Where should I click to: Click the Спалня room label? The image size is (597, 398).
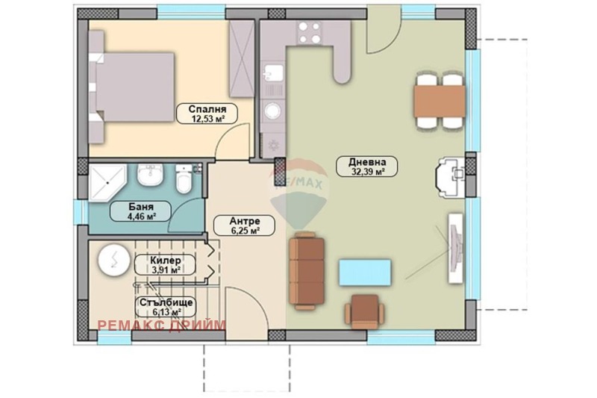[x=207, y=109]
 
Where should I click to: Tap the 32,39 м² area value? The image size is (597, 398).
[x=367, y=172]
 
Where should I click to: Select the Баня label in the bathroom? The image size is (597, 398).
[x=141, y=207]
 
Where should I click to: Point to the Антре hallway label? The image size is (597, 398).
[x=245, y=221]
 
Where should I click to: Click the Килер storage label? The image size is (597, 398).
[x=166, y=261]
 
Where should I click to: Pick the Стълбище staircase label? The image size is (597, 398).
[x=166, y=302]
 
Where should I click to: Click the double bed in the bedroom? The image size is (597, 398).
[x=132, y=87]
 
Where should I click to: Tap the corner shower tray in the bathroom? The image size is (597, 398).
[x=107, y=182]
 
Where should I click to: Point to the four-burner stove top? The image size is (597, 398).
[x=309, y=32]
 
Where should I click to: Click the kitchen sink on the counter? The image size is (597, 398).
[x=273, y=72]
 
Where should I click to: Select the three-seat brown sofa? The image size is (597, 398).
[x=307, y=272]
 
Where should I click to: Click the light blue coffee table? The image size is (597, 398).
[x=365, y=272]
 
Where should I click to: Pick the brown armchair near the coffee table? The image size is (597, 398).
[x=365, y=312]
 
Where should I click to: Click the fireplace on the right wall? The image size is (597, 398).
[x=451, y=177]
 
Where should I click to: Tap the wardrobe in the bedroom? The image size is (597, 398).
[x=241, y=58]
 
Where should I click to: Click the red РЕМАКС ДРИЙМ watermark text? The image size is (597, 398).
[x=162, y=325]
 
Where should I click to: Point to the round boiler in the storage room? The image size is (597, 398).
[x=114, y=260]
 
